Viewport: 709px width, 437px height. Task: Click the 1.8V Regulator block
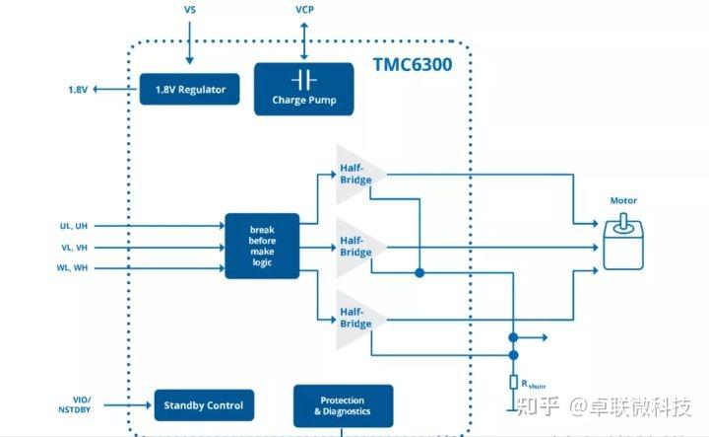190,90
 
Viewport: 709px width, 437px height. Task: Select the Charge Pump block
303,89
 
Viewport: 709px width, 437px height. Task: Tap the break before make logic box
262,246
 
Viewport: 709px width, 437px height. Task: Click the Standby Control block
204,404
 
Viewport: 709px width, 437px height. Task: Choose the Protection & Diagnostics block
343,405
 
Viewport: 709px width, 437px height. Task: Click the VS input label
190,9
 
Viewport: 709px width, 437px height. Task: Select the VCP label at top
305,9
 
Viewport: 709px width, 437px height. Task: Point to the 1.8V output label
78,90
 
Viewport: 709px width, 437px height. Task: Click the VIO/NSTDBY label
75,404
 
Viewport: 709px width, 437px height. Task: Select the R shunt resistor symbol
513,382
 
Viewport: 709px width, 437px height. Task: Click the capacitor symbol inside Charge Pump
303,79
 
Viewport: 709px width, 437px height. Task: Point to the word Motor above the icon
623,200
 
